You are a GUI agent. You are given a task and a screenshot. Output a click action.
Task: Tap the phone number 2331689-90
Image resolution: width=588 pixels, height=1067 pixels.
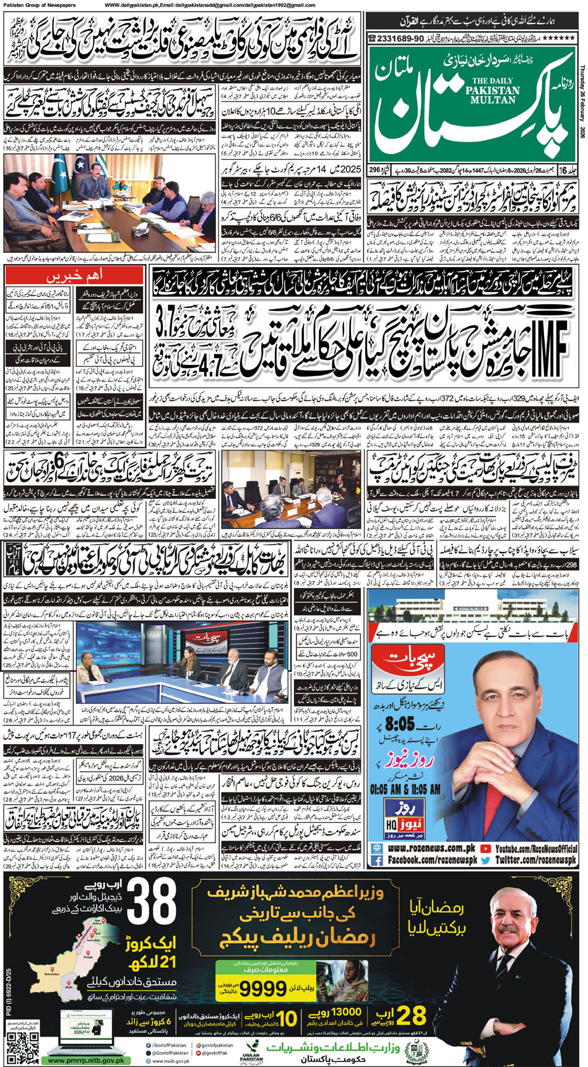[x=396, y=38]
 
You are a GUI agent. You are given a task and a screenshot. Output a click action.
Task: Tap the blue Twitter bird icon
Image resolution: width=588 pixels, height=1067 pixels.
[x=485, y=861]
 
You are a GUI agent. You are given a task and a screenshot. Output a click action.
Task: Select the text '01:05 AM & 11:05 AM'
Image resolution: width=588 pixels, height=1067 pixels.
[x=405, y=789]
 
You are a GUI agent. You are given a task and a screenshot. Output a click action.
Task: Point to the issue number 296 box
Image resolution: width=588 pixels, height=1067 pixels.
[x=375, y=170]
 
